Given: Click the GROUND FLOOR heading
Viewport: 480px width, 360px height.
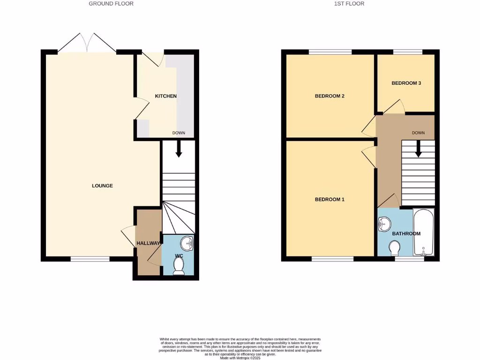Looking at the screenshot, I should tap(111, 4).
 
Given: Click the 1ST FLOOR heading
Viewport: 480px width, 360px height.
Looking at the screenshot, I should tap(349, 4).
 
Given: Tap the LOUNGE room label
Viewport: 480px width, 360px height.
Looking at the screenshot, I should tap(102, 186).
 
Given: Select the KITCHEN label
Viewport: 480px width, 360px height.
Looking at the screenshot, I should tap(166, 96).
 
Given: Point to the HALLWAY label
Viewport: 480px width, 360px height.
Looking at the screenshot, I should tap(148, 243).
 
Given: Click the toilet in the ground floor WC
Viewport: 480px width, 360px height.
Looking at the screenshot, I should tap(178, 266).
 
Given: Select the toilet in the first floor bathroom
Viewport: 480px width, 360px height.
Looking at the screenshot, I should tap(395, 247).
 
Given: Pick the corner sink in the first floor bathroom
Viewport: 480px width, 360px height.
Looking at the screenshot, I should tap(383, 224).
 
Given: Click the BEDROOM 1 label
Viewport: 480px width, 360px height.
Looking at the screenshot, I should tap(330, 199).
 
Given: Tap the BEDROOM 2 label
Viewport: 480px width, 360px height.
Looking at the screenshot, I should tap(330, 96).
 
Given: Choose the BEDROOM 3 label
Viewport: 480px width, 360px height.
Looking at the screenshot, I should tap(406, 83).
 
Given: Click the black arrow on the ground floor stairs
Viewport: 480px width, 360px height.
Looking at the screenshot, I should tap(179, 149).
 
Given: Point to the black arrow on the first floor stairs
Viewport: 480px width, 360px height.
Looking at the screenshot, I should tap(418, 149).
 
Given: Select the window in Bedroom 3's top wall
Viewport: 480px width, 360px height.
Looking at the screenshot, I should tap(407, 52).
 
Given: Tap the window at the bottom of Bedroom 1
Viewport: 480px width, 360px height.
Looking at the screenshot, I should tap(332, 258).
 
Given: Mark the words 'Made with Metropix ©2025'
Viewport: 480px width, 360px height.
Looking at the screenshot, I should tap(240, 358).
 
